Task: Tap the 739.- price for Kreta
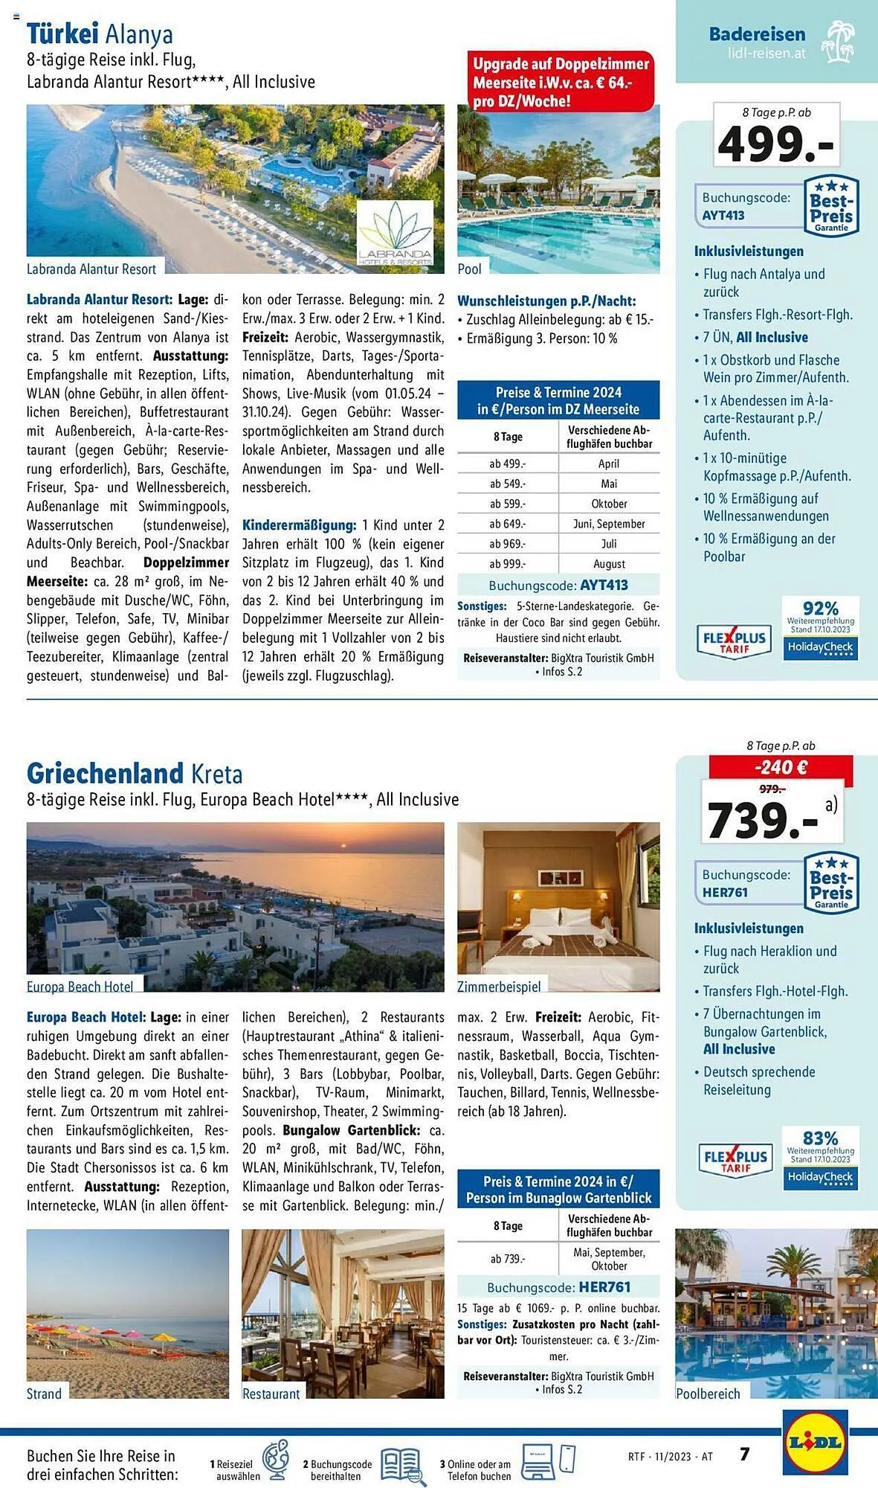762,820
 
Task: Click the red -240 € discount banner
780,767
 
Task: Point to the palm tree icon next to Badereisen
839,42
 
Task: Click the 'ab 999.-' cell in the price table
507,564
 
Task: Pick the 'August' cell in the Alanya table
609,564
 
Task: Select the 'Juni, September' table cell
609,524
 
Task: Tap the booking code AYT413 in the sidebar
723,216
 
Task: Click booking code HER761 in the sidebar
725,892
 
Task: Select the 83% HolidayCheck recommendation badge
821,1158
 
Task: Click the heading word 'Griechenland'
104,773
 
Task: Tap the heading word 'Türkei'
62,33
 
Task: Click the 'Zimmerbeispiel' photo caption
499,986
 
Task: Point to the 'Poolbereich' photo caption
708,1394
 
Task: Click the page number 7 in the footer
744,1453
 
